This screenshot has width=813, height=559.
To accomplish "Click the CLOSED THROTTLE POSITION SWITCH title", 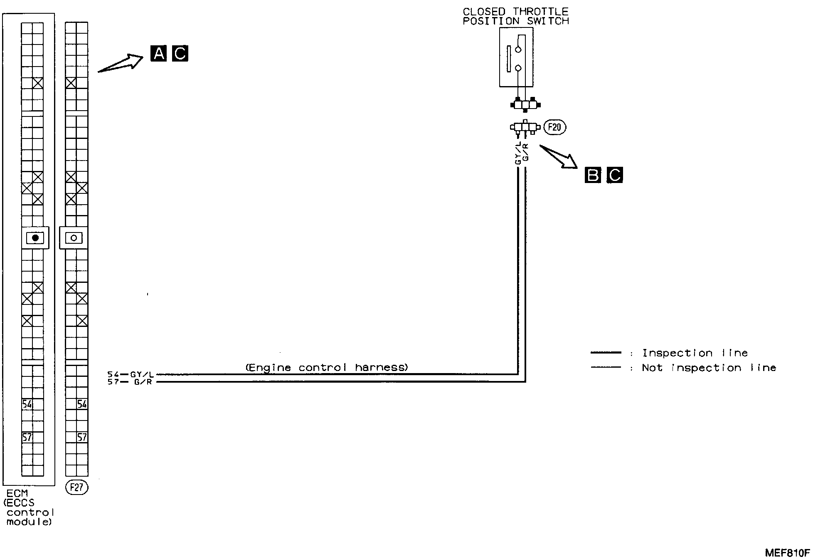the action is pos(515,17).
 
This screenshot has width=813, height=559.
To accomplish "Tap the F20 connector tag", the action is pos(554,127).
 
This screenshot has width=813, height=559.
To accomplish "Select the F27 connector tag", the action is pos(77,487).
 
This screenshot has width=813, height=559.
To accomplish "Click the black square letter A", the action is pos(158,54).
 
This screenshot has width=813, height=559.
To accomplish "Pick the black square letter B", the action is pos(592,176).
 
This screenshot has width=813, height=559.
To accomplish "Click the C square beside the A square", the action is pos(180,54).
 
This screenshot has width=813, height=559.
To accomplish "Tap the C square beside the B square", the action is pos(615,176).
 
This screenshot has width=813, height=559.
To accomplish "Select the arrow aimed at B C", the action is pos(559,157).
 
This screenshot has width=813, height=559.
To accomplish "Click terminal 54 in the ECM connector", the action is pos(27,404).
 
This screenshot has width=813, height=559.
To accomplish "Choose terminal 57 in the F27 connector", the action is pos(82,437).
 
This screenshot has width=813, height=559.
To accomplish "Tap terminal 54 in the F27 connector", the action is pos(82,404).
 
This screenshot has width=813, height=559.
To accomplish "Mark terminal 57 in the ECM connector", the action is pos(27,437).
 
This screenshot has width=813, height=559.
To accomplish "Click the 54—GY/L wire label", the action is pos(131,374).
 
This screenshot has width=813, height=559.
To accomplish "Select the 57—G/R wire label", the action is pos(131,382).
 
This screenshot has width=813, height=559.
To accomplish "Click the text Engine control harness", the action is pos(327,367).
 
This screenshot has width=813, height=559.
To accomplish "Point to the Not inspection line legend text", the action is pos(709,368).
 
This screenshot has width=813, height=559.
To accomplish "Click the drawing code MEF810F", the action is pos(787,552).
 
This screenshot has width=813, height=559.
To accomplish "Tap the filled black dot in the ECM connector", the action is pos(35,238).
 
